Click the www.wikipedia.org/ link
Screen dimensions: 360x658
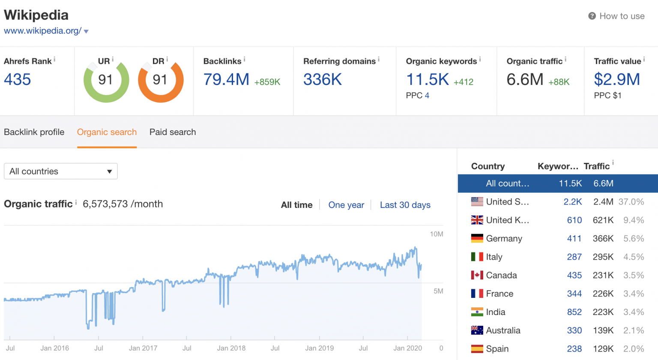42,31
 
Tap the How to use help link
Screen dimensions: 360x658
621,16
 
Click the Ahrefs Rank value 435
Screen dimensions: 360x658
18,79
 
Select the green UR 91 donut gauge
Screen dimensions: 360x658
106,81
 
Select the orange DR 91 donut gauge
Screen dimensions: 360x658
160,81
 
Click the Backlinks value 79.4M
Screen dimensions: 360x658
226,79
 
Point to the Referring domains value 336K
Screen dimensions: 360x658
323,79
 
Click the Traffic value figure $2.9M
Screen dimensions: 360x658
617,79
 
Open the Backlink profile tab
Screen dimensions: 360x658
34,132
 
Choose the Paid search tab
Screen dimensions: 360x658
173,132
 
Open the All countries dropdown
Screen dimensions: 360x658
60,171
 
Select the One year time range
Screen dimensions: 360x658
346,205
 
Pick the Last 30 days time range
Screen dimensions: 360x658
405,205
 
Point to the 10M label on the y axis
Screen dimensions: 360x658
437,234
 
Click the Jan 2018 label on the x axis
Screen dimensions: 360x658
231,348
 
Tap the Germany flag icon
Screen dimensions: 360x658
477,238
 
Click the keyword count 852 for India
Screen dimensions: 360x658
574,312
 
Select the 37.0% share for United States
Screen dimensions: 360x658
631,201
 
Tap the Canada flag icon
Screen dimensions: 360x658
477,275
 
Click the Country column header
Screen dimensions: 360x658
488,166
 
